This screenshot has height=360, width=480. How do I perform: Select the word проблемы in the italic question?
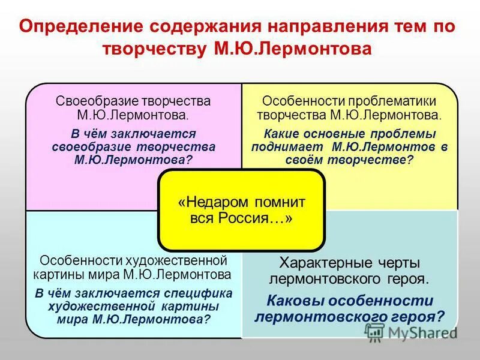405,133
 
